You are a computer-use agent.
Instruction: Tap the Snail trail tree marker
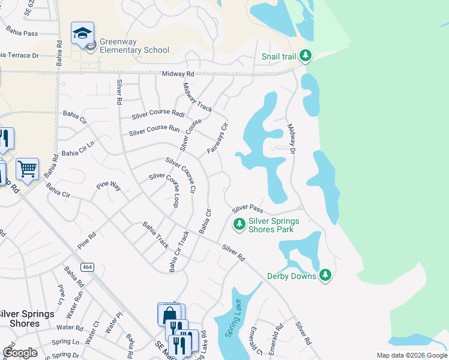(306, 56)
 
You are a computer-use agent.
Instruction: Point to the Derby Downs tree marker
(325, 275)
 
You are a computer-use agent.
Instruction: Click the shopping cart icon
(27, 169)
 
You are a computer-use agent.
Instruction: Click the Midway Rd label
(179, 74)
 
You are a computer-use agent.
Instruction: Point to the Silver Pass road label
(248, 208)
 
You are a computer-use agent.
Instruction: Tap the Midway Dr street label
(292, 139)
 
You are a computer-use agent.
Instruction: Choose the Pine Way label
(109, 187)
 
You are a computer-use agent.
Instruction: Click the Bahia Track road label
(155, 235)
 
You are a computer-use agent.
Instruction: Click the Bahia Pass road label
(22, 31)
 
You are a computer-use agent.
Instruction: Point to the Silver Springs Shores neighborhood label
(27, 319)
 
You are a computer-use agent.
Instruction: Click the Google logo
(20, 353)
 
